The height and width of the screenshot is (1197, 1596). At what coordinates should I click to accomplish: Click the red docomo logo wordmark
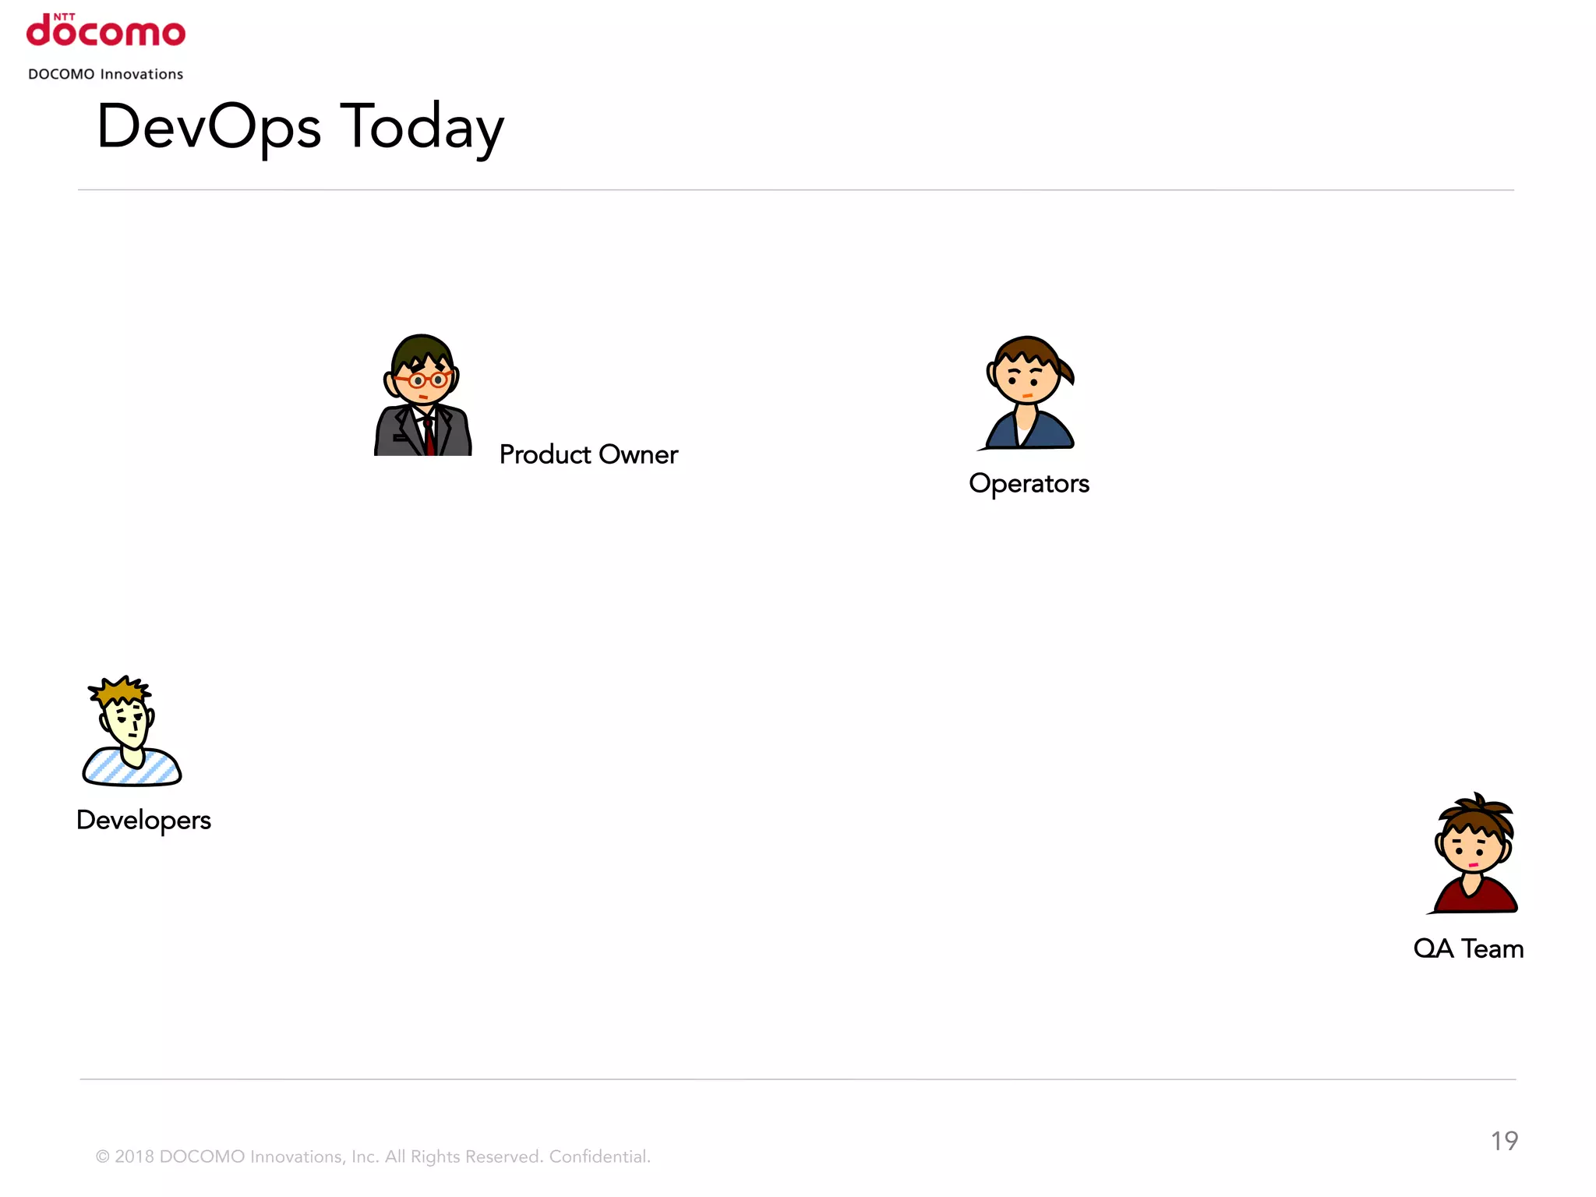click(x=106, y=33)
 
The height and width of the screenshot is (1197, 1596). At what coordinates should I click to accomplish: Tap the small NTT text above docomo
click(x=64, y=16)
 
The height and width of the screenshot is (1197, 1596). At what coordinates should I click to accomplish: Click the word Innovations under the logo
click(x=142, y=74)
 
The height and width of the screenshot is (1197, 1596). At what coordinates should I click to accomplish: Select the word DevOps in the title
click(x=208, y=127)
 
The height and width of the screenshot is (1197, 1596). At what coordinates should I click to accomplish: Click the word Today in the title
click(x=422, y=127)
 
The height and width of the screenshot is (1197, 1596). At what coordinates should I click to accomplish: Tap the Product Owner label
click(x=588, y=454)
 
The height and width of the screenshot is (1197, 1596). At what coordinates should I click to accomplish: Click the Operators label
click(x=1029, y=483)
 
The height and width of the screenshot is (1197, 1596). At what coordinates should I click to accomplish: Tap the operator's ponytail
click(x=1065, y=369)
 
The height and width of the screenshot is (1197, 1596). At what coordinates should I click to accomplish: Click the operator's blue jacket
click(x=1052, y=431)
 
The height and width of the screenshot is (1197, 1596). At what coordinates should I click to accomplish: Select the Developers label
click(x=143, y=820)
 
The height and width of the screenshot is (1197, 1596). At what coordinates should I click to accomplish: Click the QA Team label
click(x=1468, y=948)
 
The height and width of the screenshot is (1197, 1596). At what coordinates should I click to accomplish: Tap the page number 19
click(x=1504, y=1141)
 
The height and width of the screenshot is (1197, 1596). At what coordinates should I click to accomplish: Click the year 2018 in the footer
click(x=134, y=1156)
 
